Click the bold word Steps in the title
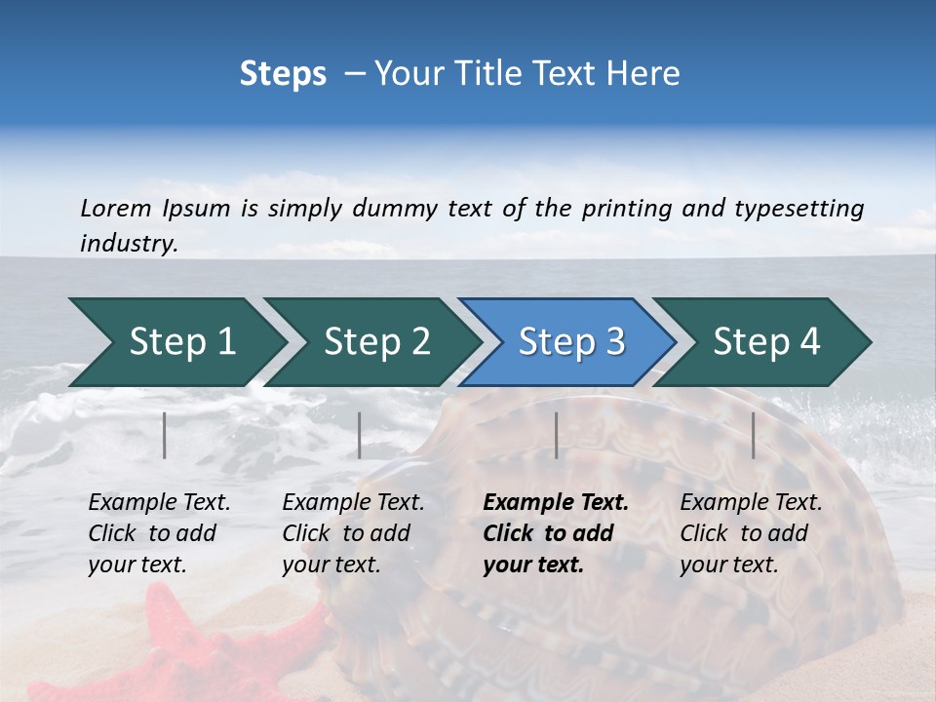[x=283, y=74]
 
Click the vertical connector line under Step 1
[x=165, y=435]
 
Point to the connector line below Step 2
[x=360, y=435]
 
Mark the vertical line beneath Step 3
[x=557, y=435]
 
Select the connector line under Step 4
[x=754, y=435]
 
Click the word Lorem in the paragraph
[x=115, y=208]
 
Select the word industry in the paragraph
[x=129, y=244]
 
